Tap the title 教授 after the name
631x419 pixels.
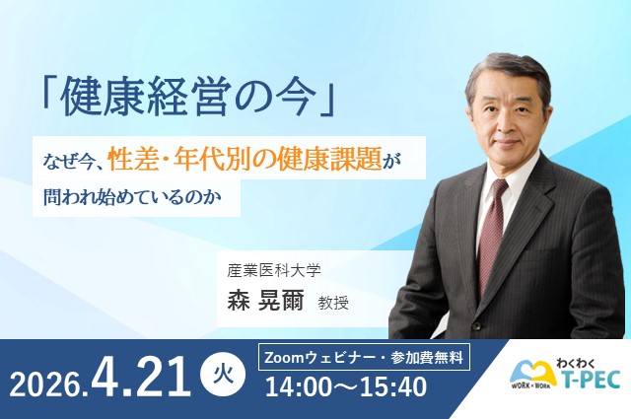point(333,303)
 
